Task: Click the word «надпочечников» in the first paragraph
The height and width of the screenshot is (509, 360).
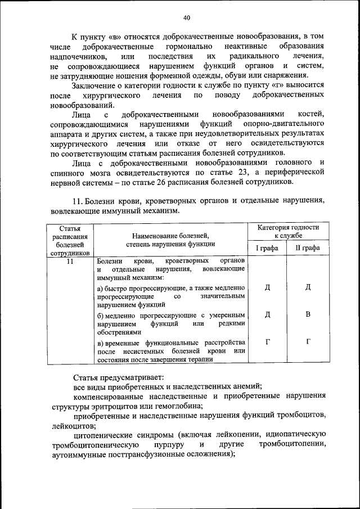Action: point(76,57)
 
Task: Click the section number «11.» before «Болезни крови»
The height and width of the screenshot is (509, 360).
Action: point(79,201)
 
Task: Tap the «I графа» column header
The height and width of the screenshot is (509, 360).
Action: point(268,247)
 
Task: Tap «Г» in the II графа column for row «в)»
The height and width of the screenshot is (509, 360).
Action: point(308,342)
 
